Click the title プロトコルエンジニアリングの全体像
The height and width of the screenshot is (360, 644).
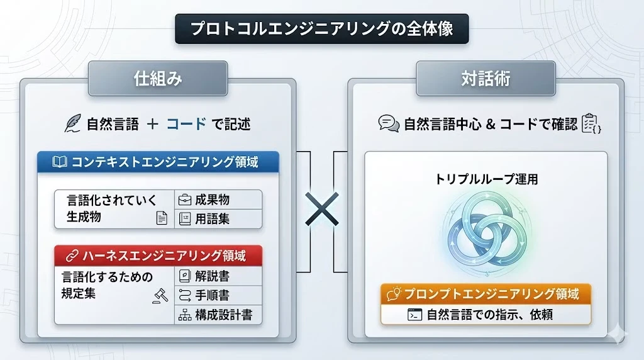(x=321, y=29)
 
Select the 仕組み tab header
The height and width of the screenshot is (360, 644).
(x=158, y=79)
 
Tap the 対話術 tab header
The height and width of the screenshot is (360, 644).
(x=486, y=79)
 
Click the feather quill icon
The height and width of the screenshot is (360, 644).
(x=73, y=123)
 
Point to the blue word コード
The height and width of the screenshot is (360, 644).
(x=186, y=124)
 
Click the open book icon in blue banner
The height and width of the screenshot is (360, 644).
(x=60, y=162)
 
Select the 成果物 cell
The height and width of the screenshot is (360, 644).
(x=218, y=200)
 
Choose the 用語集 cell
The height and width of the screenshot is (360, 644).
(x=218, y=218)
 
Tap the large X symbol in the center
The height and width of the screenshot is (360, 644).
(x=322, y=209)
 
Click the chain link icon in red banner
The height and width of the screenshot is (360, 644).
(x=72, y=256)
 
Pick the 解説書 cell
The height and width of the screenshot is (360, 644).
(x=218, y=276)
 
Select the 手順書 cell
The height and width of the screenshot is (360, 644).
(x=218, y=295)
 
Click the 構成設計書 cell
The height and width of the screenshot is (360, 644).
(x=218, y=315)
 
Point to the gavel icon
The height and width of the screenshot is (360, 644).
(x=160, y=296)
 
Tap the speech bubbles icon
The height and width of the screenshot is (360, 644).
(x=389, y=123)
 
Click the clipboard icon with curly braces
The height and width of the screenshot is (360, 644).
(x=591, y=123)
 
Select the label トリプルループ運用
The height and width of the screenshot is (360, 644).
(x=486, y=179)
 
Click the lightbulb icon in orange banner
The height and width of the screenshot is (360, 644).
(x=394, y=294)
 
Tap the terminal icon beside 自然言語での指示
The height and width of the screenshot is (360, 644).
(x=415, y=315)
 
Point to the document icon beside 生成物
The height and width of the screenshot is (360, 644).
(x=162, y=218)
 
